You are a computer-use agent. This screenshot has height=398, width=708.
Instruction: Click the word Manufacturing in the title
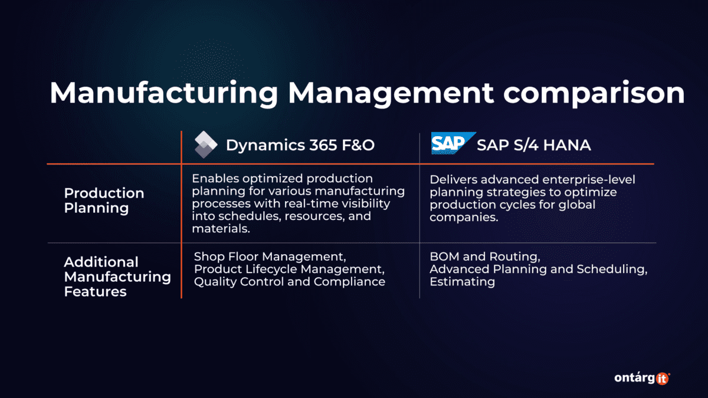[x=159, y=94]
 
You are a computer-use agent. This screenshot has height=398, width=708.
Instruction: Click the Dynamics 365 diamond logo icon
[x=206, y=145]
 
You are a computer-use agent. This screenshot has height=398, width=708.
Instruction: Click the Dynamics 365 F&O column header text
[x=300, y=145]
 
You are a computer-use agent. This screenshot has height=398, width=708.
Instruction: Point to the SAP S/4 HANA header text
[x=533, y=144]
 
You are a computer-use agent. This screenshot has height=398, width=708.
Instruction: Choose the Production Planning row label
[x=104, y=200]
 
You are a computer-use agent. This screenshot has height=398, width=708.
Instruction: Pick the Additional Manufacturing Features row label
[x=117, y=277]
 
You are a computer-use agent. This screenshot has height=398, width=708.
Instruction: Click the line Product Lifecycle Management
[x=289, y=269]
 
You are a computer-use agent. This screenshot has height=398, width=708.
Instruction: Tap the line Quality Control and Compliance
[x=289, y=282]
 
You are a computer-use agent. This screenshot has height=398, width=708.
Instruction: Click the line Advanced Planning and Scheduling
[x=538, y=269]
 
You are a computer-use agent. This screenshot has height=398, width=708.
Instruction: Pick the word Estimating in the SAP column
[x=462, y=282]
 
